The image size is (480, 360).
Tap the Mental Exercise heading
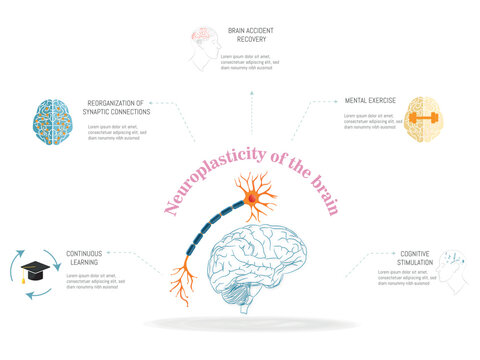point(369,101)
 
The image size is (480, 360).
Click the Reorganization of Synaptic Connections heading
point(119,106)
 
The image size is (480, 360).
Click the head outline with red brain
point(207,46)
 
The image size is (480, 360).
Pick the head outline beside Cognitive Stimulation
point(455,270)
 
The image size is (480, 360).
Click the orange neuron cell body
point(252,201)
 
